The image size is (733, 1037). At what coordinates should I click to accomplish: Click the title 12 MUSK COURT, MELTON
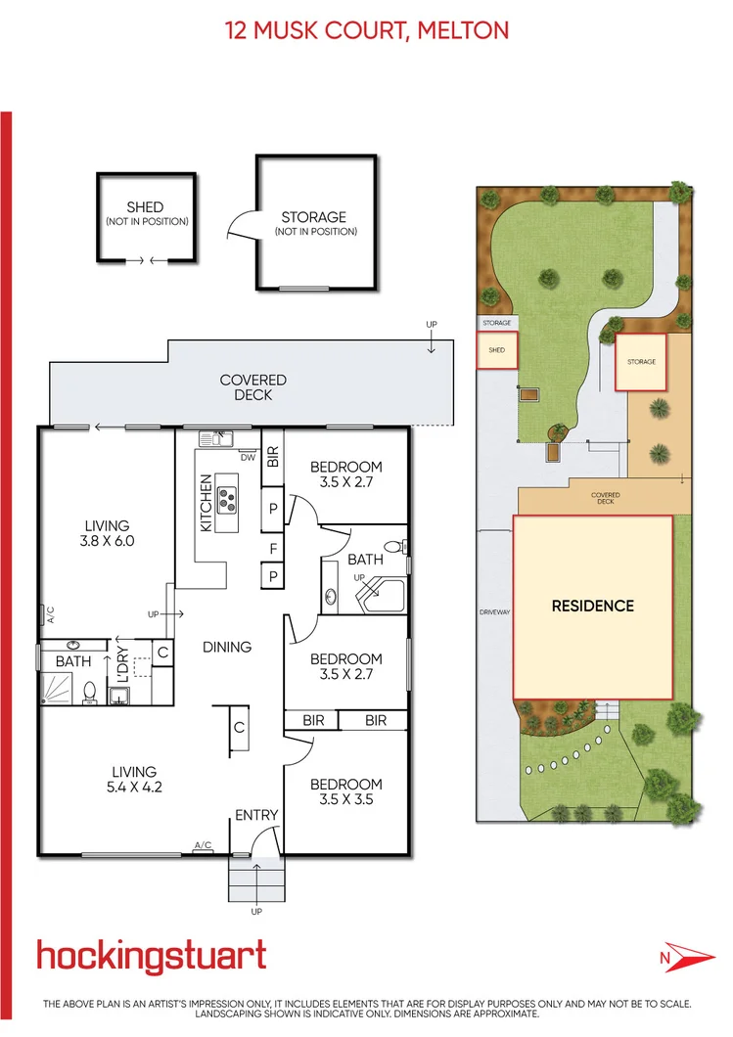[367, 30]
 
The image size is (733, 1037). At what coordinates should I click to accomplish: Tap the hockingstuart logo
[151, 955]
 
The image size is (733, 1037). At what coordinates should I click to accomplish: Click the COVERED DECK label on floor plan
[252, 387]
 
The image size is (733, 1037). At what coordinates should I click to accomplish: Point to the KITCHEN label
[206, 503]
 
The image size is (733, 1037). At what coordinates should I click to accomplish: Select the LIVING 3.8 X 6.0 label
[107, 532]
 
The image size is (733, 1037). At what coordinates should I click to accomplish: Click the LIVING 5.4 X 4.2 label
[133, 780]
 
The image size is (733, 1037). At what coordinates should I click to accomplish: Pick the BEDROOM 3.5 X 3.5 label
[345, 791]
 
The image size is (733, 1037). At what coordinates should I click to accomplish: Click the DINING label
[227, 647]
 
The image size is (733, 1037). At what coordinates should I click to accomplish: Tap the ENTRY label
[256, 815]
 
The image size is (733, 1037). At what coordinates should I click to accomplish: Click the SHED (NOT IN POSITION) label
[146, 213]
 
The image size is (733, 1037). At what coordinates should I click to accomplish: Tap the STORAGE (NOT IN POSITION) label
[314, 223]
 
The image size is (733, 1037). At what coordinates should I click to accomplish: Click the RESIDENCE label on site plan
[592, 606]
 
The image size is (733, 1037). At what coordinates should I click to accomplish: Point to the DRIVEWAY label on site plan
[495, 612]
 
